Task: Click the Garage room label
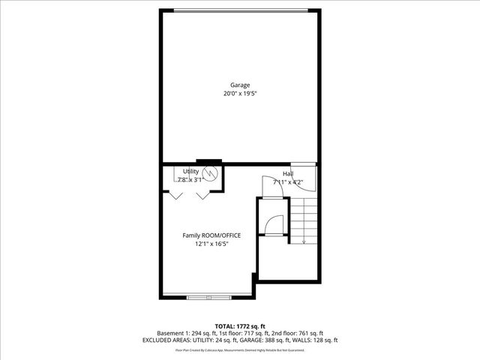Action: [240, 85]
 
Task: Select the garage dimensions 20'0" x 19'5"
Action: [240, 94]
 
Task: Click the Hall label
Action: [288, 173]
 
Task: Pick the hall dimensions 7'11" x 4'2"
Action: [288, 181]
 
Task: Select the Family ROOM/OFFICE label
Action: [211, 235]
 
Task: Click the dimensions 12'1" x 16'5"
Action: [211, 244]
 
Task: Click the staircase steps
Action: [304, 217]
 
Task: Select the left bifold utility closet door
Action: [175, 195]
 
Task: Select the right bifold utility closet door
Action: [202, 195]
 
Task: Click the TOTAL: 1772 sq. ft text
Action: [240, 326]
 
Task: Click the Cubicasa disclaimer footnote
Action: [240, 350]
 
